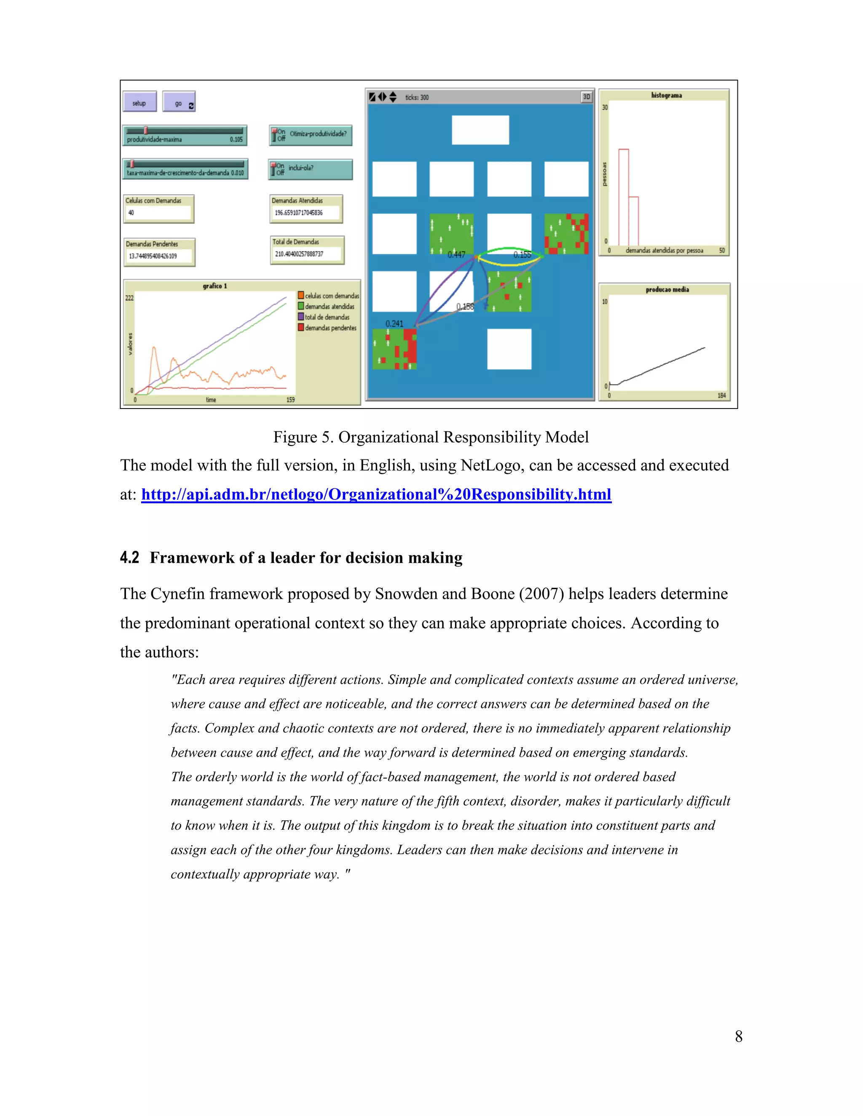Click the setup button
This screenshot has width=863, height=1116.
pyautogui.click(x=139, y=103)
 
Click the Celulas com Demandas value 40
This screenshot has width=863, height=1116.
pyautogui.click(x=131, y=213)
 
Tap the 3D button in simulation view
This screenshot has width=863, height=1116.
pyautogui.click(x=587, y=96)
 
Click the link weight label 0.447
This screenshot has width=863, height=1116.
pyautogui.click(x=456, y=254)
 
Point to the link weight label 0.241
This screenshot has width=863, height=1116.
pyautogui.click(x=394, y=323)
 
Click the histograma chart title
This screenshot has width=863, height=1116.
pyautogui.click(x=666, y=96)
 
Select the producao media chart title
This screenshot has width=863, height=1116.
pyautogui.click(x=667, y=290)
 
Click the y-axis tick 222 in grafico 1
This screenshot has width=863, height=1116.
pyautogui.click(x=129, y=298)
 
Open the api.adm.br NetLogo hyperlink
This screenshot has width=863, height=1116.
pyautogui.click(x=376, y=494)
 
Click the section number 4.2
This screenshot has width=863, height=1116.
pyautogui.click(x=129, y=558)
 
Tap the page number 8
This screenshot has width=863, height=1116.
pyautogui.click(x=738, y=1036)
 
